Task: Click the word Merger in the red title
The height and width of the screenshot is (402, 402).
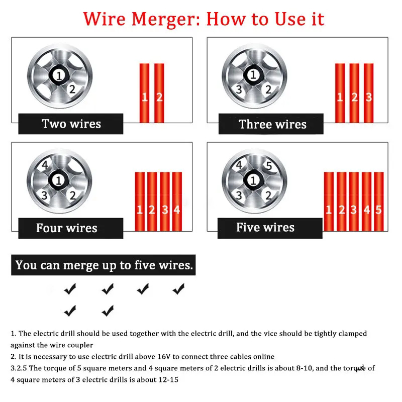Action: pyautogui.click(x=166, y=19)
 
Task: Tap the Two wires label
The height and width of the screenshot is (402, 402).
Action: pyautogui.click(x=71, y=124)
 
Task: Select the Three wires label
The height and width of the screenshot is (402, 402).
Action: pyautogui.click(x=272, y=124)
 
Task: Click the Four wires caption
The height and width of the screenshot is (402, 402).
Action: pyautogui.click(x=67, y=228)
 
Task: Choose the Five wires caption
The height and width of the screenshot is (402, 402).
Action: pyautogui.click(x=265, y=227)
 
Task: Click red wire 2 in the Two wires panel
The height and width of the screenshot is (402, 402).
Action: pyautogui.click(x=159, y=93)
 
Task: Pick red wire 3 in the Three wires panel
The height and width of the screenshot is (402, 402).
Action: pyautogui.click(x=369, y=93)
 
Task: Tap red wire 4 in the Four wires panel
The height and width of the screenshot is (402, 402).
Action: pyautogui.click(x=177, y=202)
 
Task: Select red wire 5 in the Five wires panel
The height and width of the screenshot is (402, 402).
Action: pyautogui.click(x=379, y=202)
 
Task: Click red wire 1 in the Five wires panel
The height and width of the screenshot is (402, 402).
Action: pyautogui.click(x=329, y=202)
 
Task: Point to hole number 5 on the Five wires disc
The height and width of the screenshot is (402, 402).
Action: pyautogui.click(x=269, y=166)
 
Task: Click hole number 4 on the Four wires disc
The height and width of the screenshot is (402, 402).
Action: pyautogui.click(x=45, y=165)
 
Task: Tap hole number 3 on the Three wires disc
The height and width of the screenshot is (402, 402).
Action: pyautogui.click(x=239, y=89)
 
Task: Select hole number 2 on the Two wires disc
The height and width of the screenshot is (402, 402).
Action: pyautogui.click(x=72, y=89)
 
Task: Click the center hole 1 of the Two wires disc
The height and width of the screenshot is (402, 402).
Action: pyautogui.click(x=59, y=76)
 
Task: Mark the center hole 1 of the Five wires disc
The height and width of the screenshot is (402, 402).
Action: pyautogui.click(x=253, y=180)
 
